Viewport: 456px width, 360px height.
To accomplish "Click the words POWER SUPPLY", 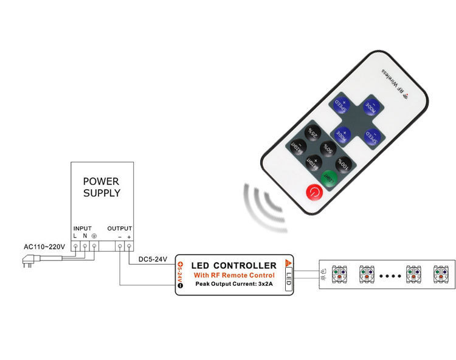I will (102, 187).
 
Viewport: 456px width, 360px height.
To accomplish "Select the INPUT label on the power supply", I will (82, 228).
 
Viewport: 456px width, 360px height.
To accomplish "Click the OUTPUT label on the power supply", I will (120, 228).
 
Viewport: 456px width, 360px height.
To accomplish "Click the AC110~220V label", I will (44, 248).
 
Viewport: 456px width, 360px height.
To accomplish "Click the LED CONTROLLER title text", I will (233, 265).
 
